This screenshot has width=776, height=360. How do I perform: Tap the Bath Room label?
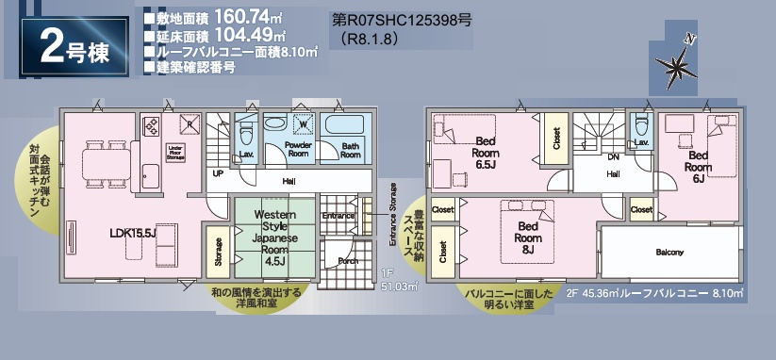tap(350, 150)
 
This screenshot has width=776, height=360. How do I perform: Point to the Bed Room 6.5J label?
tap(486, 151)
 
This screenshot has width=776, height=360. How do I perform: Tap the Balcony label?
tap(669, 253)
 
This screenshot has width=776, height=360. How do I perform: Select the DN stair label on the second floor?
tap(613, 156)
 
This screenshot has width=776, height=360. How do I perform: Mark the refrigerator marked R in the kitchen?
tap(190, 123)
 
